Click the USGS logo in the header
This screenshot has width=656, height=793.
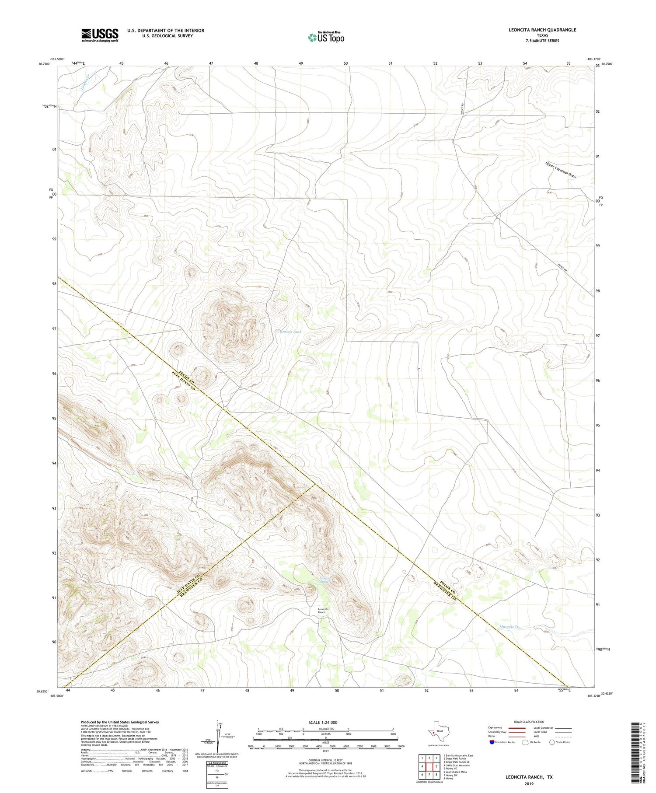click(100, 35)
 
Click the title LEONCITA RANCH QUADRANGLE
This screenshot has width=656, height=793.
click(542, 30)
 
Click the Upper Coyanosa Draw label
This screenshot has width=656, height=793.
click(560, 170)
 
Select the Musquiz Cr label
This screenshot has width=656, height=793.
click(509, 627)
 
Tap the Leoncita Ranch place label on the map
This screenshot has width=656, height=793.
click(323, 611)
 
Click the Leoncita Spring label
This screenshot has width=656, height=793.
click(325, 580)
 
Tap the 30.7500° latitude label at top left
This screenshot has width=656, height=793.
click(44, 64)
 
